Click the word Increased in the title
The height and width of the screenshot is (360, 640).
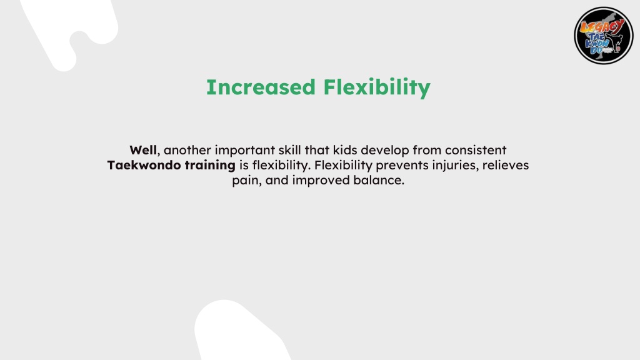[x=261, y=87]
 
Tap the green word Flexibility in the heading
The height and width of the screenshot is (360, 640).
[x=377, y=87]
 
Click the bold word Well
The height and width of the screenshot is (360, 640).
[x=143, y=150]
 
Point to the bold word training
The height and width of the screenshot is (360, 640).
[x=210, y=166]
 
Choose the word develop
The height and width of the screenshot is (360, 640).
[x=384, y=151]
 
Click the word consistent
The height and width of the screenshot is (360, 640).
[x=476, y=150]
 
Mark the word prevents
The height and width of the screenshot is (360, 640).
[x=402, y=166]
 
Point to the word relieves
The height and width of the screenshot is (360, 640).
[x=505, y=165]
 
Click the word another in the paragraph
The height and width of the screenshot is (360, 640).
[x=187, y=150]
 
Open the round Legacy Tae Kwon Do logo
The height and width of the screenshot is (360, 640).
[x=604, y=36]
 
